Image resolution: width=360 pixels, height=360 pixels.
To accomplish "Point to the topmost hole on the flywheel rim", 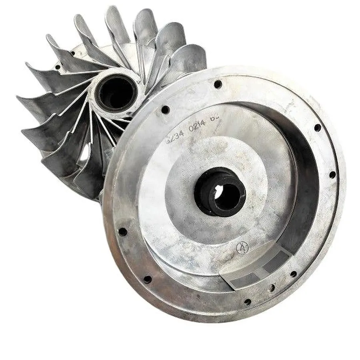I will pyautogui.click(x=218, y=84).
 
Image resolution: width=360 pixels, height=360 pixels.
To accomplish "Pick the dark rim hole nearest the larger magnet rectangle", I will pyautogui.click(x=294, y=274).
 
